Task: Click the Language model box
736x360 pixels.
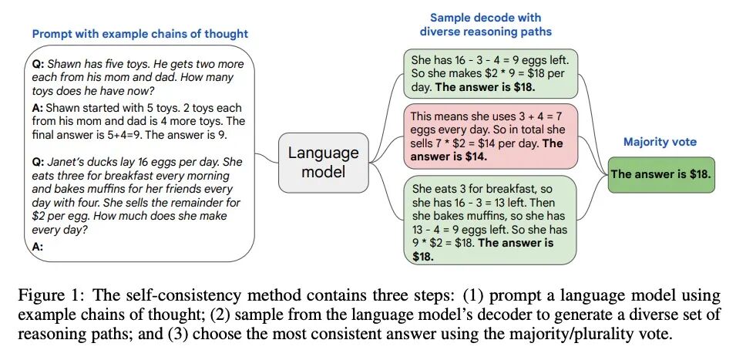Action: coord(323,162)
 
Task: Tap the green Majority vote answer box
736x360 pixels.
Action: coord(660,173)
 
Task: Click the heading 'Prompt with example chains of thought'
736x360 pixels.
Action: coord(140,34)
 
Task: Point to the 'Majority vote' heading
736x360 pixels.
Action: coord(660,143)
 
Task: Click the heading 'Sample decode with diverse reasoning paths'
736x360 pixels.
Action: coord(485,24)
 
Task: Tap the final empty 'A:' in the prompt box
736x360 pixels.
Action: coord(39,246)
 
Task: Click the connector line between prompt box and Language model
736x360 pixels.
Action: coord(266,156)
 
